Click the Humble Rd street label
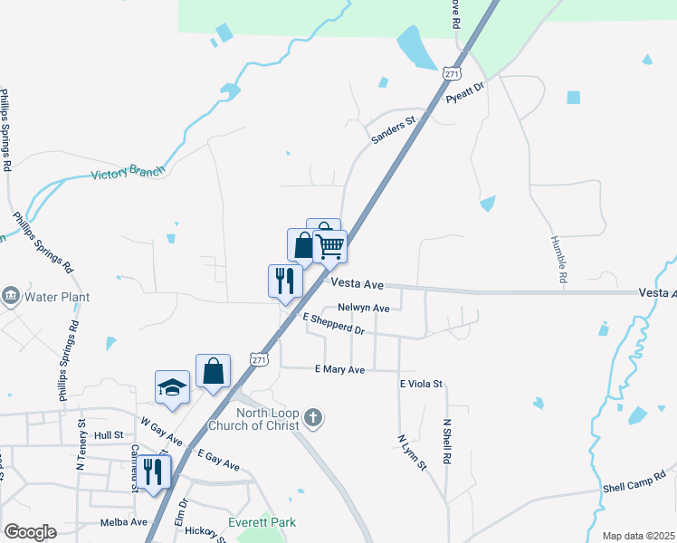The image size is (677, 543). [558, 261]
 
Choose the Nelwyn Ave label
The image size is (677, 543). [363, 308]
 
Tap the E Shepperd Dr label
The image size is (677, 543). [333, 324]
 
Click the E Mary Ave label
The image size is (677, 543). [339, 369]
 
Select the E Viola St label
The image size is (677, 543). [421, 384]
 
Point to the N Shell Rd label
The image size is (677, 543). [446, 442]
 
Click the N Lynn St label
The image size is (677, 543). [411, 452]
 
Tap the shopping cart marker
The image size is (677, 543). [330, 246]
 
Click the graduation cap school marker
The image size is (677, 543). [172, 387]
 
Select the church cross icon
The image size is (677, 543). [312, 418]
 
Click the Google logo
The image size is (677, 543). [30, 532]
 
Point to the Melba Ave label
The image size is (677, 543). [124, 522]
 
